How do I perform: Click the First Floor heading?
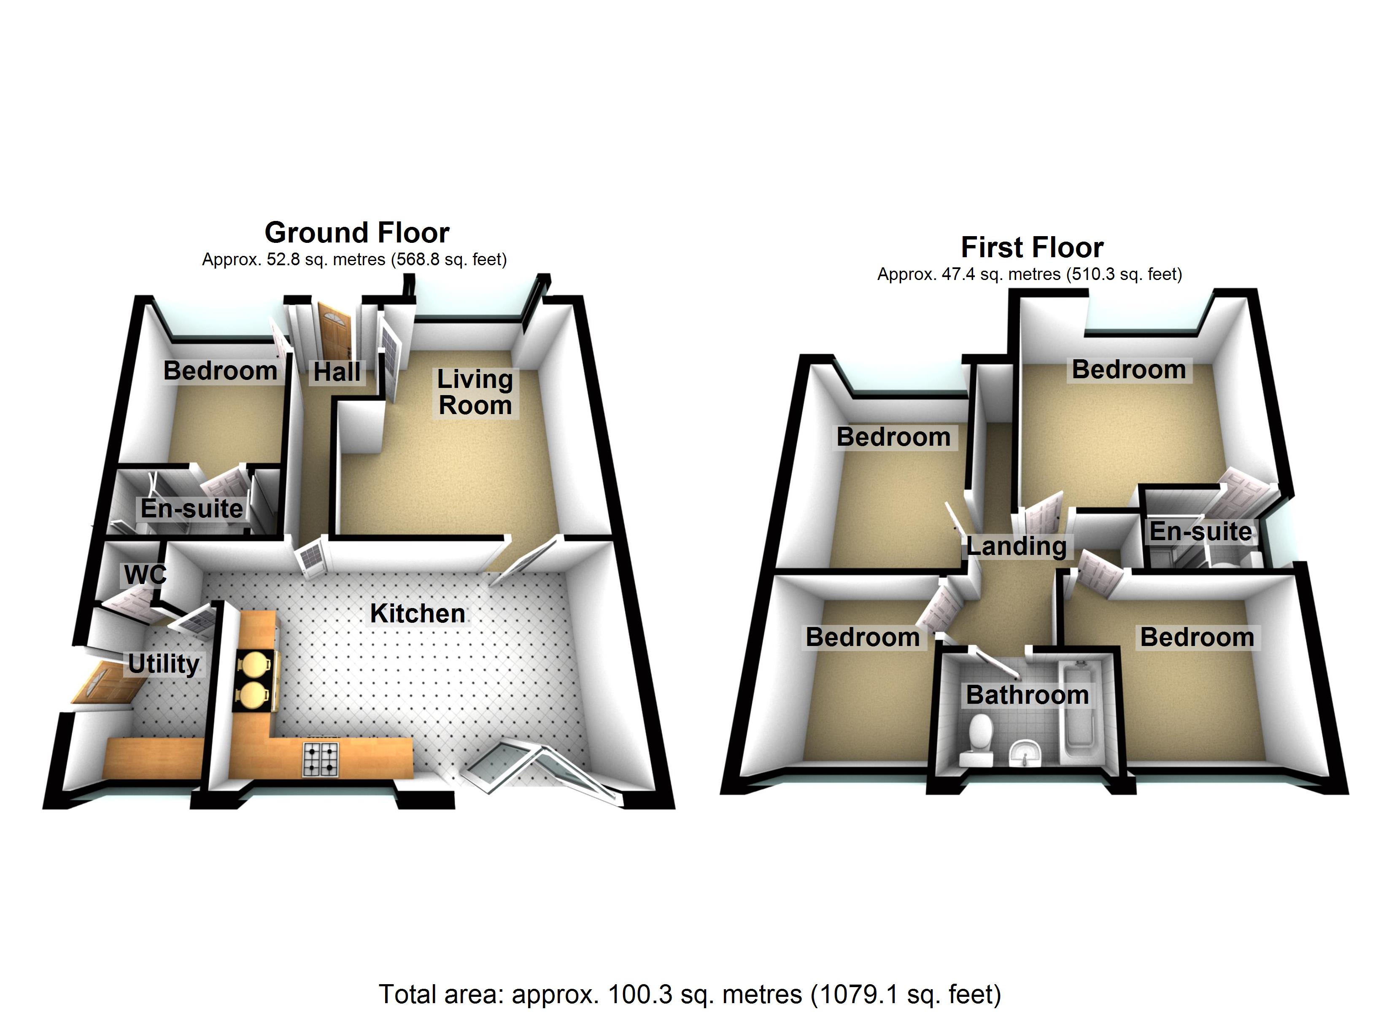point(1032,248)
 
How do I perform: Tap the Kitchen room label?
point(417,614)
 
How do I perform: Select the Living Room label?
point(475,392)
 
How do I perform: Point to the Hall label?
point(337,372)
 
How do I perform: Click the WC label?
point(145,575)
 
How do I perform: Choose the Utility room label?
point(164,664)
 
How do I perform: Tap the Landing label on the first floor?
point(1017,546)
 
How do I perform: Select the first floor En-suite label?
point(1200,531)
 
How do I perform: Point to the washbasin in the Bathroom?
point(1025,751)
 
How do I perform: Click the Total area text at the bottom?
point(690,993)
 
